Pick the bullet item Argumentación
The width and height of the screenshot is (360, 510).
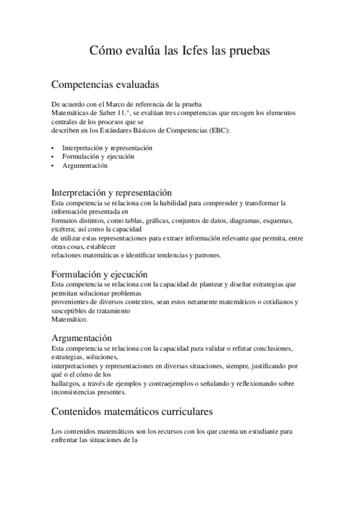tap(84, 165)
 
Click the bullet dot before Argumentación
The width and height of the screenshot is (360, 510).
tap(53, 165)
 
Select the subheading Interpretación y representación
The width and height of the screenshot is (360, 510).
tap(112, 192)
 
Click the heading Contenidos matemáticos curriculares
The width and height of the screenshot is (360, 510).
tap(132, 412)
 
